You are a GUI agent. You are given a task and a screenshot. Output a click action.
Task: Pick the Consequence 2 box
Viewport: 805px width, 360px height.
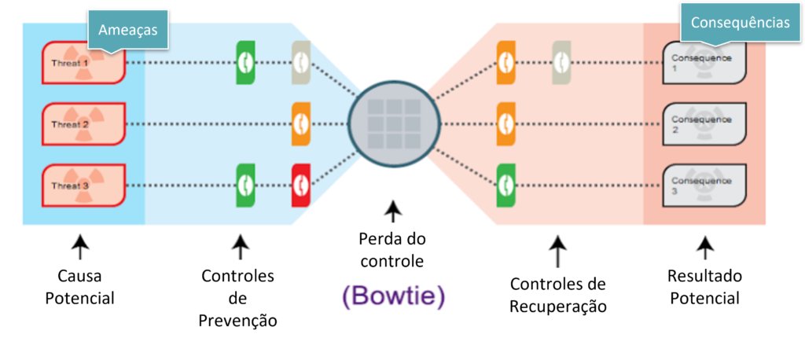[x=704, y=123]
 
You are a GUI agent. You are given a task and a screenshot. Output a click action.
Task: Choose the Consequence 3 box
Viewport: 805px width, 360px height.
[x=704, y=186]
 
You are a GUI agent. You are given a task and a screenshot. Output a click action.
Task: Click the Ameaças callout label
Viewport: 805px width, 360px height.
[x=128, y=30]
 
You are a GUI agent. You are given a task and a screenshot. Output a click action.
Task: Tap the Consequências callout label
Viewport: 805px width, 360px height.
[x=740, y=23]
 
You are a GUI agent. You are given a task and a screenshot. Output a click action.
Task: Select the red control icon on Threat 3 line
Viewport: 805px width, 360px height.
[x=301, y=184]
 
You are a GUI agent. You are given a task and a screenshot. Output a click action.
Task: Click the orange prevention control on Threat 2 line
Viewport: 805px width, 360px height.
[x=301, y=123]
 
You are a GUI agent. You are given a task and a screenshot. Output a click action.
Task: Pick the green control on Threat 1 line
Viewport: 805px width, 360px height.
[x=246, y=62]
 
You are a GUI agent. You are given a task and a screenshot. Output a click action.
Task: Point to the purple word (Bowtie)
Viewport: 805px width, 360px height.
[x=393, y=296]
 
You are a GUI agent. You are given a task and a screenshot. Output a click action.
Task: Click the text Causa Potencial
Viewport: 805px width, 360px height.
[x=79, y=287]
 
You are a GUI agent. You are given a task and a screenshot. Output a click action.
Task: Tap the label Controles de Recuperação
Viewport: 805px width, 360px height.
[x=557, y=295]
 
